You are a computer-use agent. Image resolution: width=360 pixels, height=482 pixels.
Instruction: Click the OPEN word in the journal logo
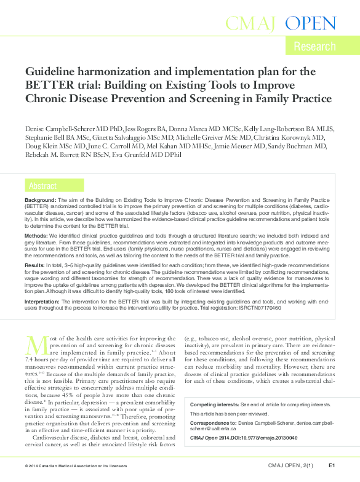pos(311,24)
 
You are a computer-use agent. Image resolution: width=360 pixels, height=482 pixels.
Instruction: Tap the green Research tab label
pos(314,46)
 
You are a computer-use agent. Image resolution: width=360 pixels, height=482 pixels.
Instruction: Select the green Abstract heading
pos(42,185)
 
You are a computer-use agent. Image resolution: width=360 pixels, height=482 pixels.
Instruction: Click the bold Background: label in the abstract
pos(40,201)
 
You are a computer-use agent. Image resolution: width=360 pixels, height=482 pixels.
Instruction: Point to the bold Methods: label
pos(36,236)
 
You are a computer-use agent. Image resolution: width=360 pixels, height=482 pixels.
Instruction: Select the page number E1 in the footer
pos(331,465)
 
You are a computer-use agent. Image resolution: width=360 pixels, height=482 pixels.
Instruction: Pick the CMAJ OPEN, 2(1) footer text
pos(292,465)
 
